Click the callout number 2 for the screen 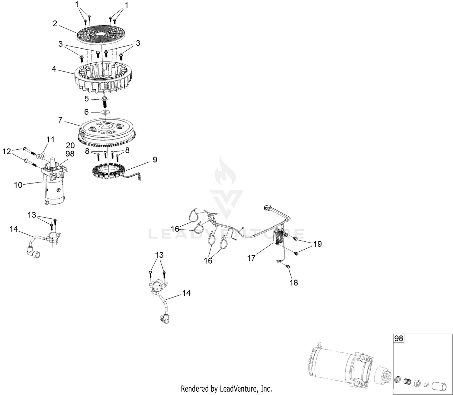pyautogui.click(x=55, y=24)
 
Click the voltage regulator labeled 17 pyautogui.click(x=279, y=236)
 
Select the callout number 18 pyautogui.click(x=294, y=282)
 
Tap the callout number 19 pyautogui.click(x=317, y=244)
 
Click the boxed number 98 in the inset pyautogui.click(x=399, y=338)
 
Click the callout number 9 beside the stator pyautogui.click(x=155, y=159)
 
